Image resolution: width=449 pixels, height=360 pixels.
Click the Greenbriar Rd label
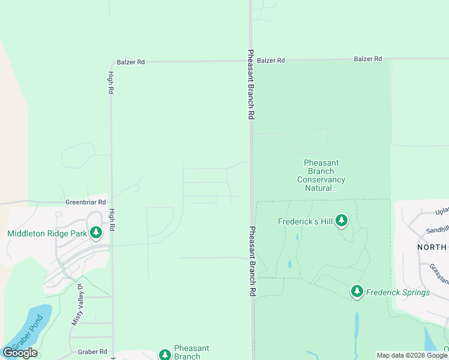pos(86,203)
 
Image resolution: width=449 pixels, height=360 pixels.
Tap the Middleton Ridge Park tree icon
pos(96,233)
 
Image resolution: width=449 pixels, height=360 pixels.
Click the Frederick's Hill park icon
pos(342,221)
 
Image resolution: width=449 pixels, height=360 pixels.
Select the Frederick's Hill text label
pos(305,221)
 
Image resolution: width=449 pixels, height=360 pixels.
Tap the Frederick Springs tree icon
pos(357,292)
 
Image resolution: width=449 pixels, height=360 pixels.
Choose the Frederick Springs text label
pos(399,293)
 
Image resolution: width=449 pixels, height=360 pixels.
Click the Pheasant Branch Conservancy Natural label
pos(322,175)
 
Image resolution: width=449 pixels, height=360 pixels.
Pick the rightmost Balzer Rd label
pos(368,59)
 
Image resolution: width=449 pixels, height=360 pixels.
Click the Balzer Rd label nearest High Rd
pos(131,62)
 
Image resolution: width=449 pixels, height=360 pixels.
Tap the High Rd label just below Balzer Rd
pos(111,83)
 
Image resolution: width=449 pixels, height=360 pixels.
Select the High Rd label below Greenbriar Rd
pos(111,221)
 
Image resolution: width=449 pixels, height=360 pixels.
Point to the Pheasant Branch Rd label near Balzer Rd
pos(252,84)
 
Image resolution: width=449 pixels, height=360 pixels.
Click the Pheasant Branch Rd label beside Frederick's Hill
pos(253,260)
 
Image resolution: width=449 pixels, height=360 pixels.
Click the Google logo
pos(20,353)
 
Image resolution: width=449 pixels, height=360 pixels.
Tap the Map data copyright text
pos(412,355)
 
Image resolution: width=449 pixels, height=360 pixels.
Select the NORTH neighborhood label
pos(432,247)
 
